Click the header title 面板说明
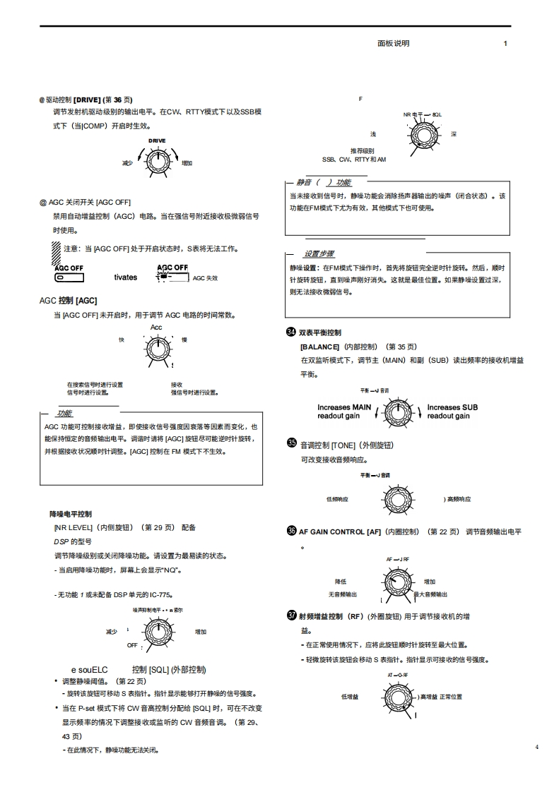394,43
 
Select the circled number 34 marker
290,332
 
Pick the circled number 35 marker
291,443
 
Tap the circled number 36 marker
291,531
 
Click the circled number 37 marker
291,615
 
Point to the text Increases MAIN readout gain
344,412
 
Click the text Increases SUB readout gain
452,412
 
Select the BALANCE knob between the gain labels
399,410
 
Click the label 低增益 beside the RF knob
349,697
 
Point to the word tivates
126,277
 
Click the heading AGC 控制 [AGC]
68,300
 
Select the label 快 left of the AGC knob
122,340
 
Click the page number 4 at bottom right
536,747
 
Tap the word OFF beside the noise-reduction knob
132,645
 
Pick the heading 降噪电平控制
70,514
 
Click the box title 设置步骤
319,254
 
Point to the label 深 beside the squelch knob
453,134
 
